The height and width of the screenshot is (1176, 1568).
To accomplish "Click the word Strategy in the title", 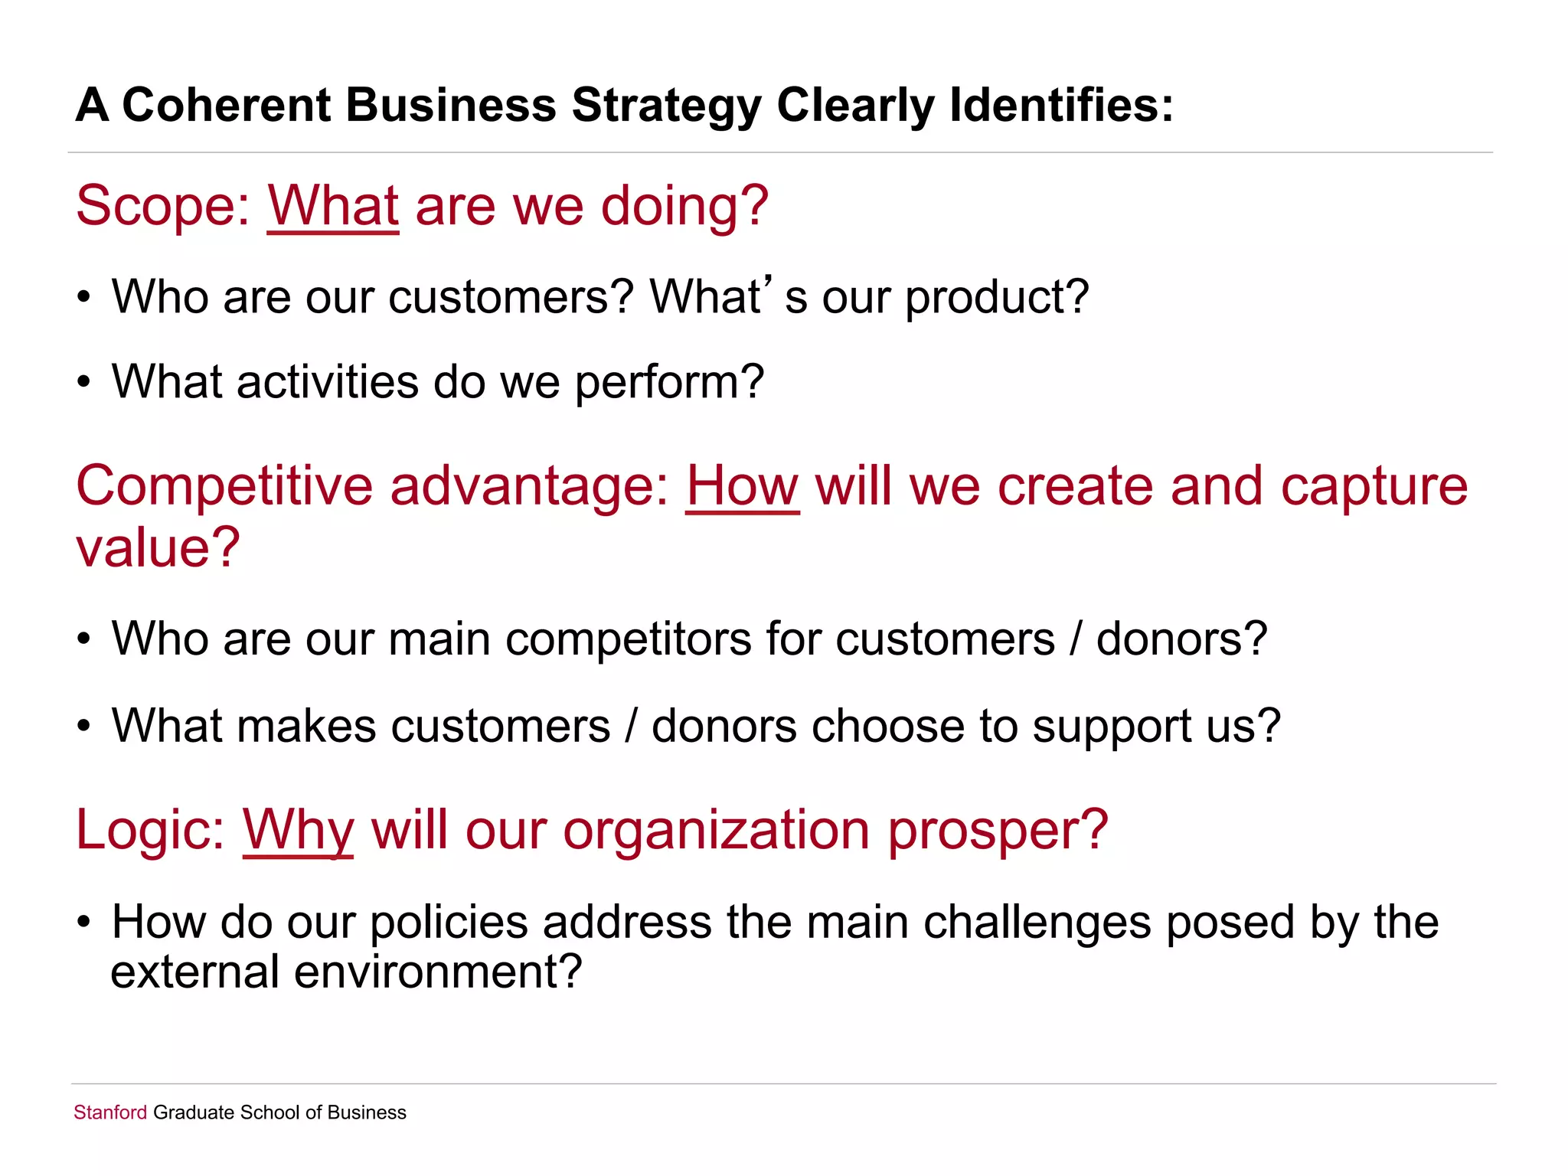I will tap(665, 106).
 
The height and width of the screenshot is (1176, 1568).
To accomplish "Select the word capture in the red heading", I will tap(1374, 487).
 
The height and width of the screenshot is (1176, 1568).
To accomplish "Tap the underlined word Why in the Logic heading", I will tap(298, 830).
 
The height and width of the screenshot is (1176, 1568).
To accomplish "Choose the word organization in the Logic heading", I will tap(717, 830).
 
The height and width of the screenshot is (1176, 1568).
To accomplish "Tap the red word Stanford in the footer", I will tap(110, 1112).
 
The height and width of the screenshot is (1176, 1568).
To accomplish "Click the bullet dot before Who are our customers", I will tap(84, 298).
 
